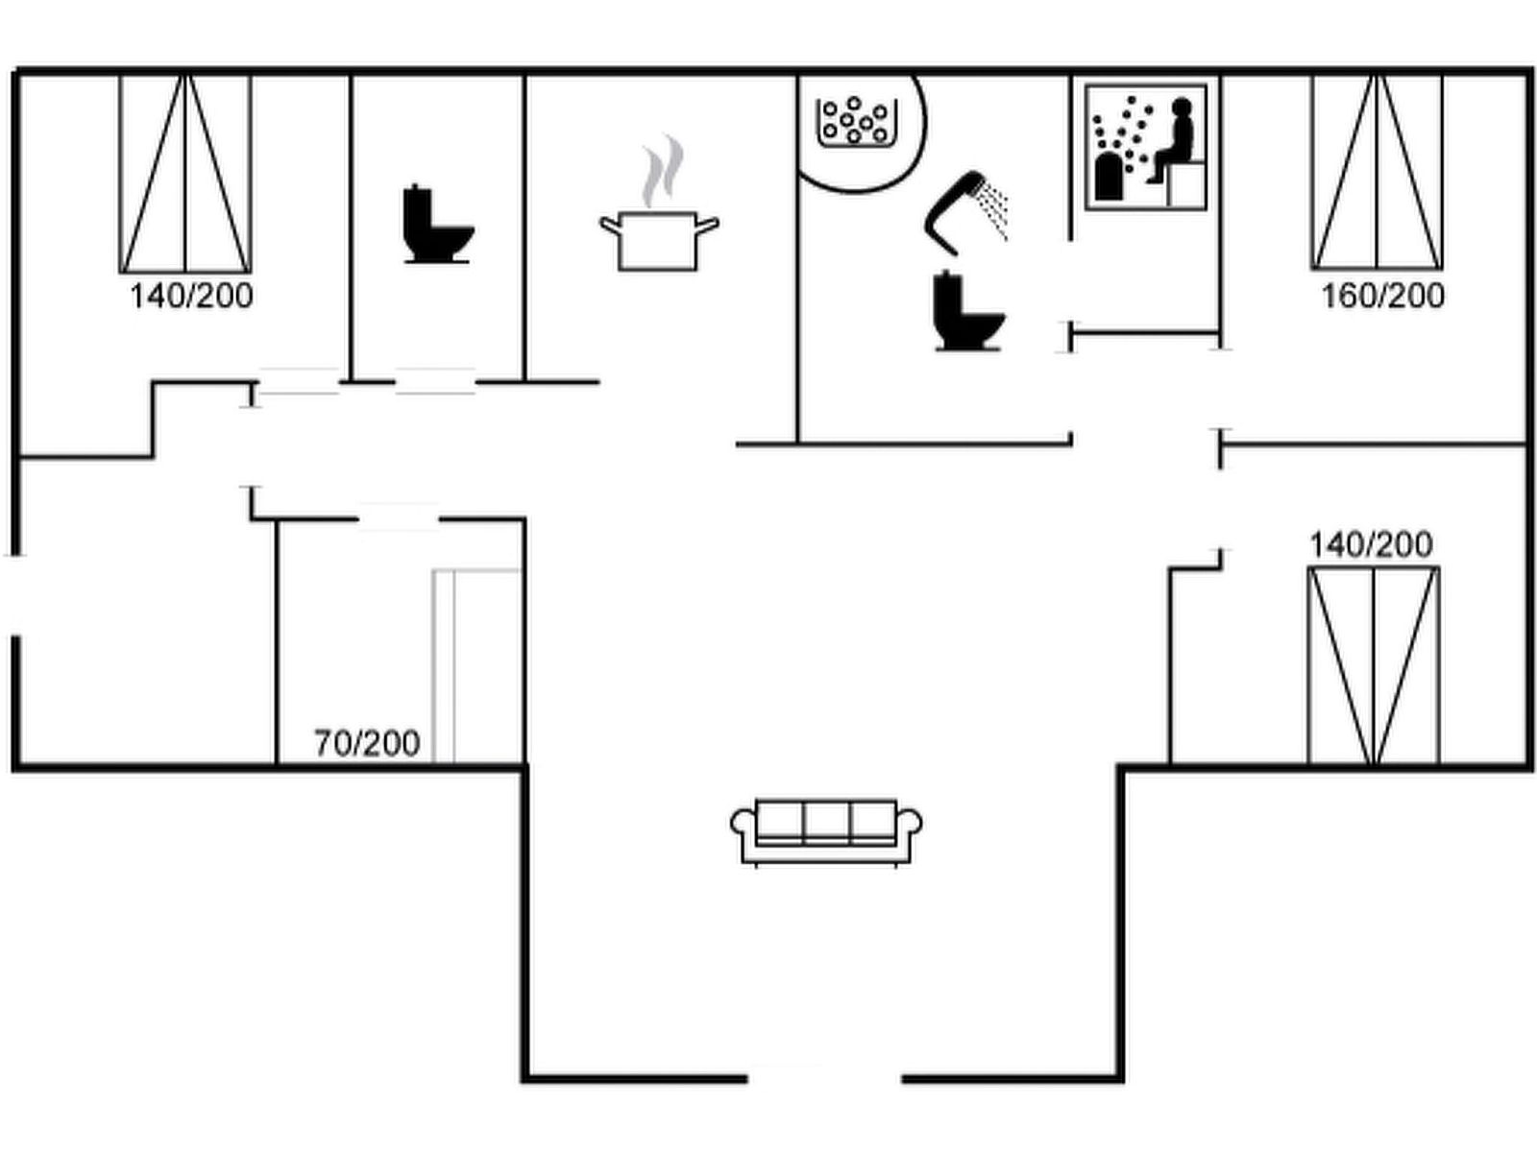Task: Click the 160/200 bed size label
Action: [x=1382, y=296]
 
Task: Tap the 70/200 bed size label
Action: [x=367, y=743]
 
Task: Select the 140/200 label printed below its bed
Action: [x=191, y=296]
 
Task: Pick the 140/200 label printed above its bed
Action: [x=1371, y=545]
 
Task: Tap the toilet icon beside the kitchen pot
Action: [x=437, y=224]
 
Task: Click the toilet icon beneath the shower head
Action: [x=968, y=312]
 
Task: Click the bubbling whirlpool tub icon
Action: [x=856, y=123]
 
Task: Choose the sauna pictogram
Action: [x=1145, y=147]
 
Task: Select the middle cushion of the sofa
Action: [x=826, y=822]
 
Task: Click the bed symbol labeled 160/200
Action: [x=1377, y=172]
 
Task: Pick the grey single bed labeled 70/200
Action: [x=476, y=666]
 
